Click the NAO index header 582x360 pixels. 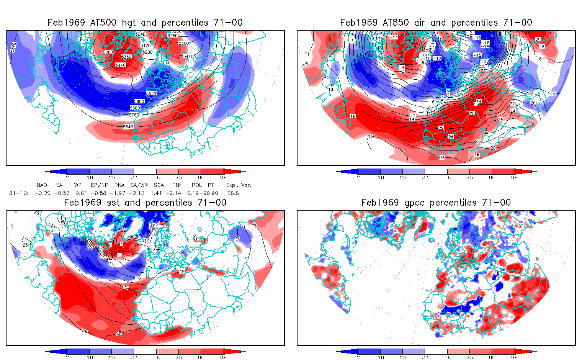42,185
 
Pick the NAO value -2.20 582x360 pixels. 43,193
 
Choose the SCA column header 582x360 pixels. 159,185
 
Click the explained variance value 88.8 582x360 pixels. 233,193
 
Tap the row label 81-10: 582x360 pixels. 19,193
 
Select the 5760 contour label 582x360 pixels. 134,115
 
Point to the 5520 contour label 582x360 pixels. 151,93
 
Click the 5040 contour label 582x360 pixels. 140,34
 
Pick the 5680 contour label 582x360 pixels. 135,108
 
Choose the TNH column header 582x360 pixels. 177,185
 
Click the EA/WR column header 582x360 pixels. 139,185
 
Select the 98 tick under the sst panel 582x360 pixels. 224,357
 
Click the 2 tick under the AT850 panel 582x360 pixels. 358,177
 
